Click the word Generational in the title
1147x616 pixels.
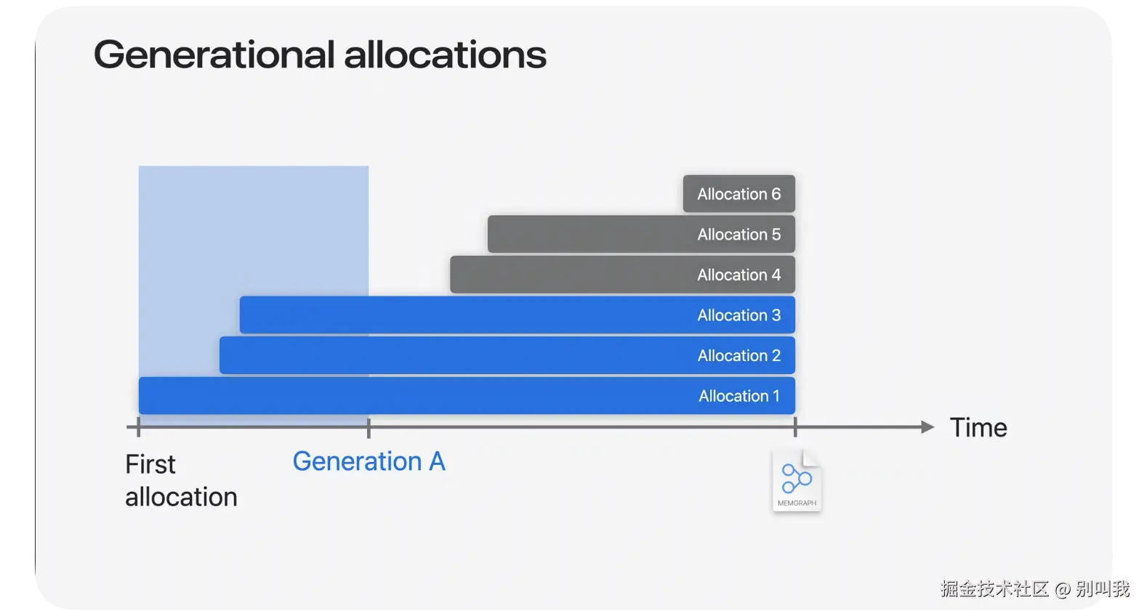(214, 54)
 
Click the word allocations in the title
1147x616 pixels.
(446, 54)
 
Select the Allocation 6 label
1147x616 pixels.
(739, 194)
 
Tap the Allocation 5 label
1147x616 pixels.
(739, 235)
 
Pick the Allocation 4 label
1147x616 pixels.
(739, 275)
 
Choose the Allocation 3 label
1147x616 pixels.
(739, 315)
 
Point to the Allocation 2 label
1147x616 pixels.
(739, 356)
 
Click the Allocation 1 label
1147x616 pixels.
(739, 396)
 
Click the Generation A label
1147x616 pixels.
(369, 461)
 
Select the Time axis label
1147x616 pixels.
(978, 428)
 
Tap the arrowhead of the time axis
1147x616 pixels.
(927, 426)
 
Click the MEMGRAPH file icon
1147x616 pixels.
(797, 480)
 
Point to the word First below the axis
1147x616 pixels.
(150, 465)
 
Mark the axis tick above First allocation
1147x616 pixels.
(138, 426)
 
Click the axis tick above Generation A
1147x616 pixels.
(369, 427)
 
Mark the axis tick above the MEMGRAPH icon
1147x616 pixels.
(795, 426)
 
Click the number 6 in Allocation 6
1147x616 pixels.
(776, 194)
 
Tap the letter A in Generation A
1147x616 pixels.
(437, 461)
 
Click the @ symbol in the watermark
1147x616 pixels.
(1063, 589)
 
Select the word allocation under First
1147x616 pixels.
(181, 498)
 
